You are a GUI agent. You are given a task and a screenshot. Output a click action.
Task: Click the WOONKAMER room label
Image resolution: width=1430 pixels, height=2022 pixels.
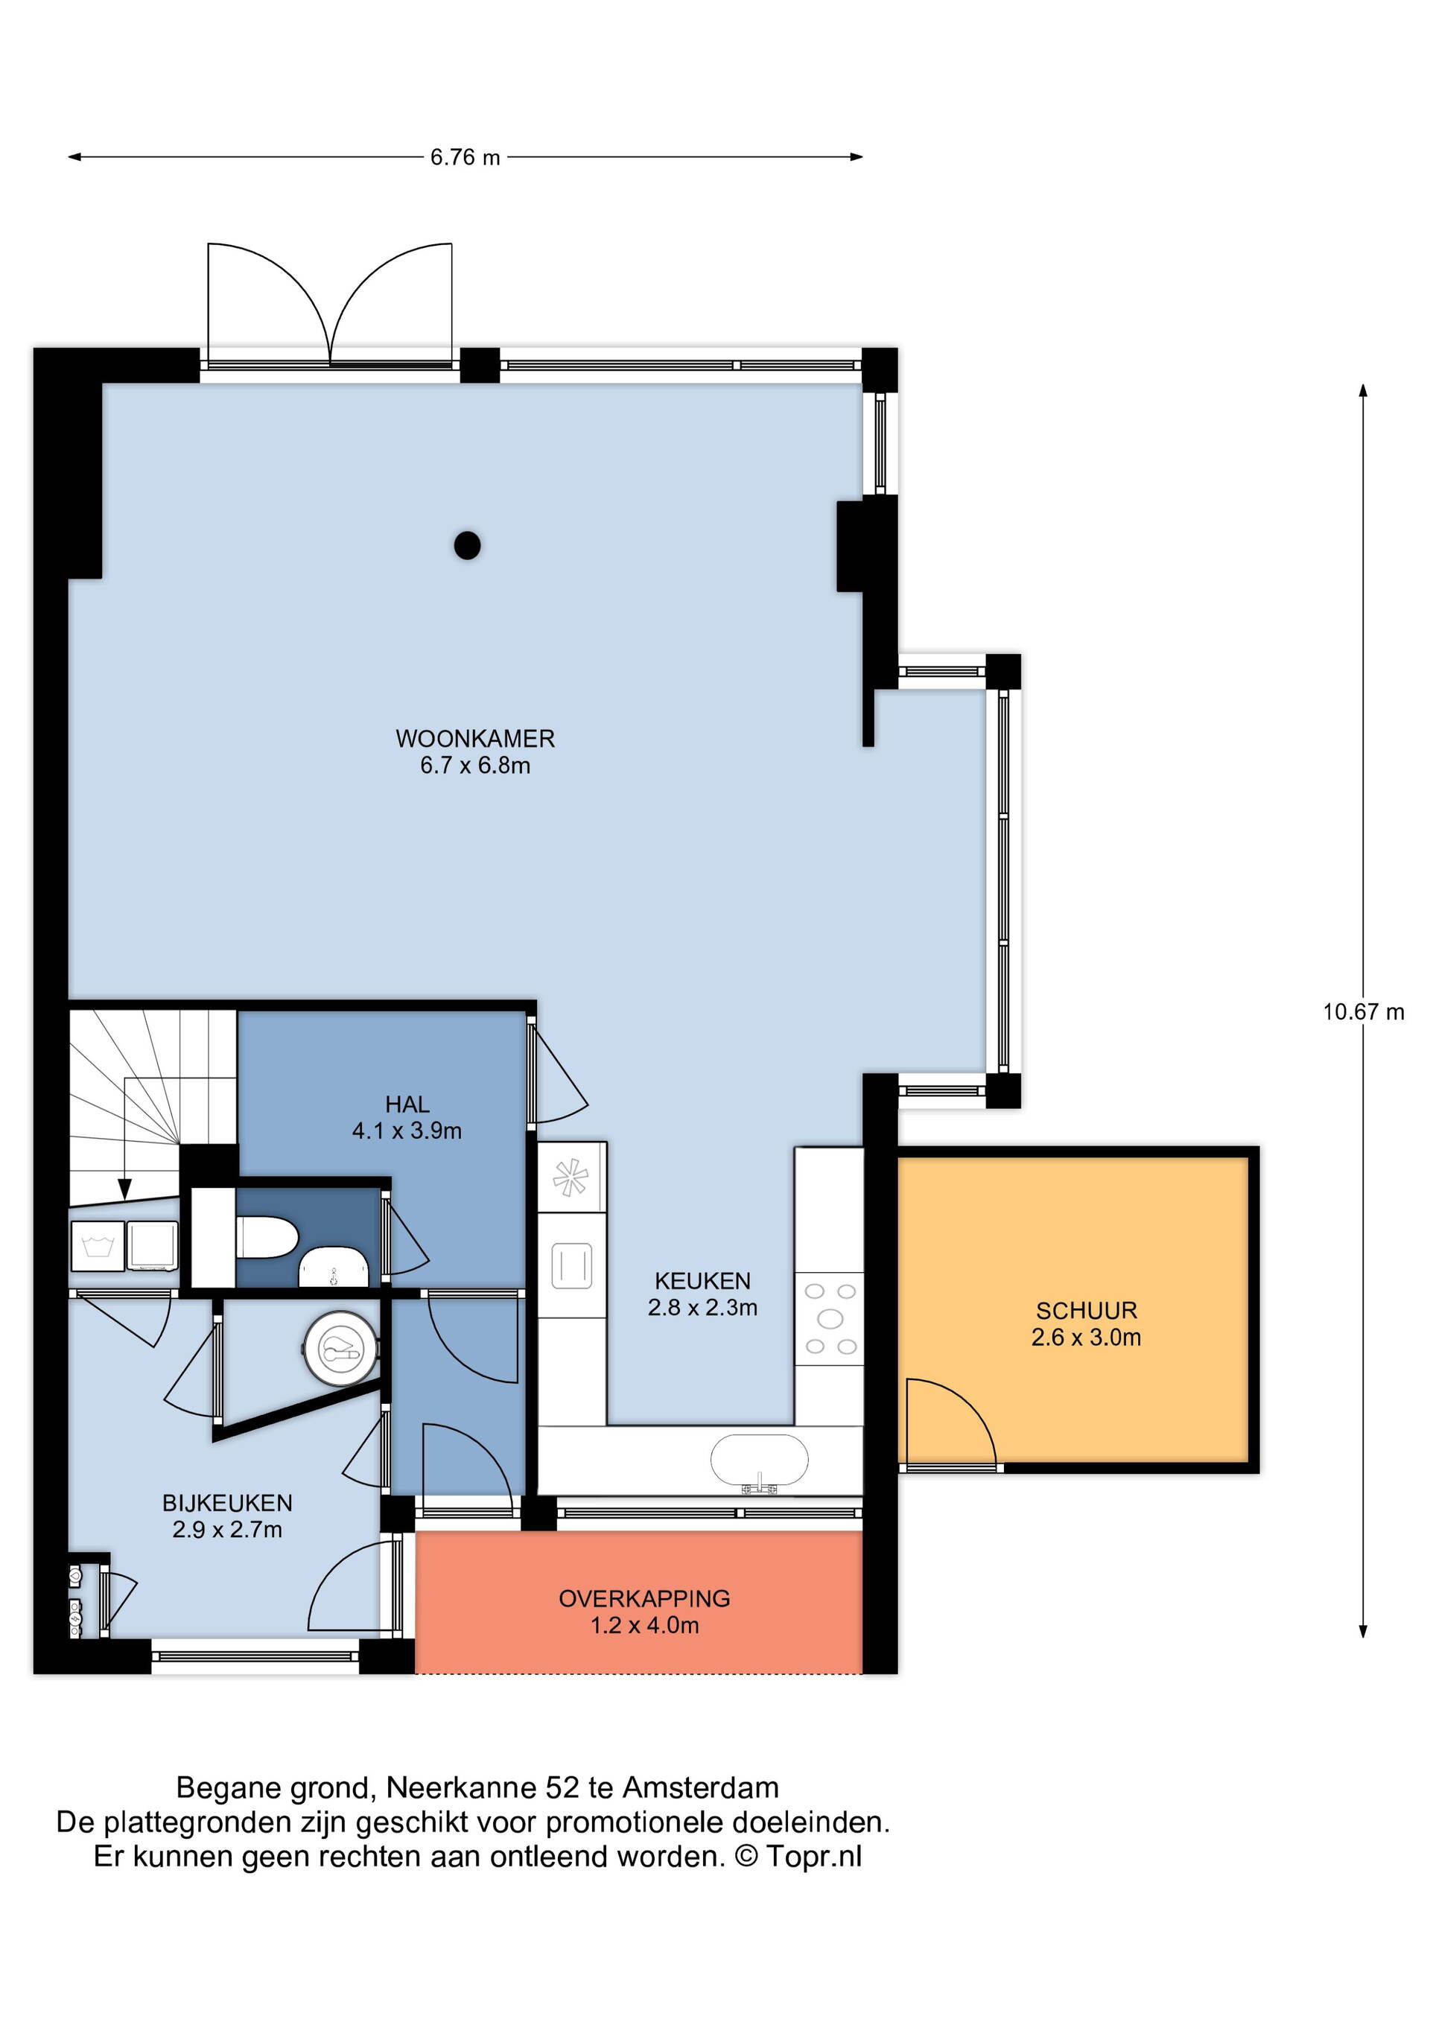tap(475, 738)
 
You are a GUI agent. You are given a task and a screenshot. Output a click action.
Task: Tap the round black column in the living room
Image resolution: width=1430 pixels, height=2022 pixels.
tap(468, 546)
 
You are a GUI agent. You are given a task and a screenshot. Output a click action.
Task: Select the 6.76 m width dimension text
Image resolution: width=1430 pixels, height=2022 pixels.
tap(465, 158)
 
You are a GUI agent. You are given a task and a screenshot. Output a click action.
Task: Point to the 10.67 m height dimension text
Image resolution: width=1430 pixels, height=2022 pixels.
tap(1363, 1012)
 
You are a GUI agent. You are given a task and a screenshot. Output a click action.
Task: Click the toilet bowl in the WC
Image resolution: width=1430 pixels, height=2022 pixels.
tap(267, 1237)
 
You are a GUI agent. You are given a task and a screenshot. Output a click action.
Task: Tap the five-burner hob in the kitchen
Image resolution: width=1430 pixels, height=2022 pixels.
tap(830, 1318)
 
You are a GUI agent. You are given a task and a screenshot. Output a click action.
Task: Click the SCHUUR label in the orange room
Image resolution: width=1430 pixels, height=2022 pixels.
tap(1087, 1311)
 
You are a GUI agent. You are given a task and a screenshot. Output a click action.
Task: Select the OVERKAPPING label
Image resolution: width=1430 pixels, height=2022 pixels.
tap(644, 1598)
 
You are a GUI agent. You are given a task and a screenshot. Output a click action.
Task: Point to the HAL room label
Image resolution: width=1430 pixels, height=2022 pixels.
tap(407, 1104)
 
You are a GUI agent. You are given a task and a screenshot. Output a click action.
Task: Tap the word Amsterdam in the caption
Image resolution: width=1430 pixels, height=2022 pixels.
tap(701, 1787)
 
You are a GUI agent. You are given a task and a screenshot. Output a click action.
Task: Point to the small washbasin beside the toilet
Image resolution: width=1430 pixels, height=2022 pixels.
tap(334, 1268)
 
